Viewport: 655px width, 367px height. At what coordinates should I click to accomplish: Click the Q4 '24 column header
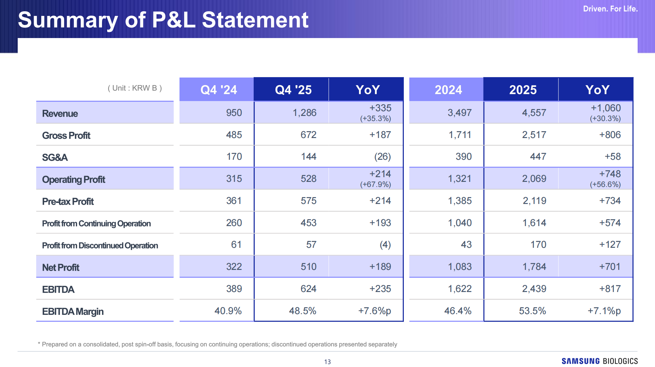tap(219, 89)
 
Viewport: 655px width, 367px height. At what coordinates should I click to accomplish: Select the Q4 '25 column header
tap(293, 89)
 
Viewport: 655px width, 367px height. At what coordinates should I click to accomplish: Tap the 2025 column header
tap(523, 89)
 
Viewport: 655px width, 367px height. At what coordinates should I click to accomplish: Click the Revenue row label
tap(60, 113)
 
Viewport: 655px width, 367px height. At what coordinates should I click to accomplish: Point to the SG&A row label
tap(55, 157)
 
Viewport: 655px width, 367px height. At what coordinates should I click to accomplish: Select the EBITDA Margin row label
tap(73, 312)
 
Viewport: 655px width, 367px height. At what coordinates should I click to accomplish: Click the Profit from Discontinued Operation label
tap(100, 246)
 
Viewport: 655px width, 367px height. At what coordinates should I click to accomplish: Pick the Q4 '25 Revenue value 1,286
tap(304, 113)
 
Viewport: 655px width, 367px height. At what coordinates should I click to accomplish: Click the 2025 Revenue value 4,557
tap(534, 113)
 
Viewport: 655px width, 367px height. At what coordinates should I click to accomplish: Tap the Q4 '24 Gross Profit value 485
tap(234, 135)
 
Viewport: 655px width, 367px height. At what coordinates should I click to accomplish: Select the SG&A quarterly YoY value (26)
tap(383, 157)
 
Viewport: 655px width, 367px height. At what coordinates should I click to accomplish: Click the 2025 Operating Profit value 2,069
tap(534, 179)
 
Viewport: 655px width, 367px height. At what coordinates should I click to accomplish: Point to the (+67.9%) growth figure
tap(375, 184)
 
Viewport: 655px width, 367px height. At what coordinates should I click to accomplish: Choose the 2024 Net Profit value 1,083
tap(460, 267)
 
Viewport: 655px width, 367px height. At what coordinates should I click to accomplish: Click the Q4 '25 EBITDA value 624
tap(308, 289)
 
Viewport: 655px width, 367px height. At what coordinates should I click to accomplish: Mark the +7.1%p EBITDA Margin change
tap(604, 311)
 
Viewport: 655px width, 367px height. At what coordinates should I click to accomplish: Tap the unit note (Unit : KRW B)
tap(135, 88)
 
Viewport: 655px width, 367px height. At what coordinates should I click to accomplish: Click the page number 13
tap(327, 362)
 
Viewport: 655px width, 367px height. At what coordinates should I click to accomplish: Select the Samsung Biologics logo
tap(600, 361)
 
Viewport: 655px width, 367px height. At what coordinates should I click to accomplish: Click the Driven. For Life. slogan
tap(610, 9)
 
